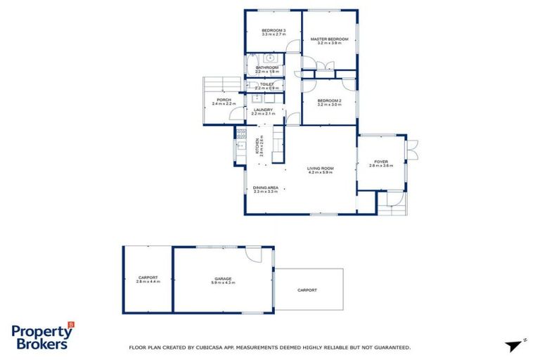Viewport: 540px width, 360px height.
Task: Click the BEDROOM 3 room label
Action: coord(274,30)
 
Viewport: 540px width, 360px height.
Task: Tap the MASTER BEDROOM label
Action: coord(330,39)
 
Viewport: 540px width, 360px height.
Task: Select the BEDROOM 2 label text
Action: coord(329,101)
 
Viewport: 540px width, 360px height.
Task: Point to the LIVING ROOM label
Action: coord(320,168)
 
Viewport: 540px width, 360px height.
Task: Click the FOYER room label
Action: coord(380,162)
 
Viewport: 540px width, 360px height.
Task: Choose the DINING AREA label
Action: coord(266,187)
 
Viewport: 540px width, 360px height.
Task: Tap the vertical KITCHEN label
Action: coord(257,146)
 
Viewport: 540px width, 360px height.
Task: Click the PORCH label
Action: coord(224,100)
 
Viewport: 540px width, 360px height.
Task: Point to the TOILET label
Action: coord(266,84)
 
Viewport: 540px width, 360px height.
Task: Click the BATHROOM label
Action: coord(266,67)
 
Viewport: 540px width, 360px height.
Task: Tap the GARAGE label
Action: coord(224,278)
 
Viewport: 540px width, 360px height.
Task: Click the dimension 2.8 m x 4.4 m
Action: coord(148,282)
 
